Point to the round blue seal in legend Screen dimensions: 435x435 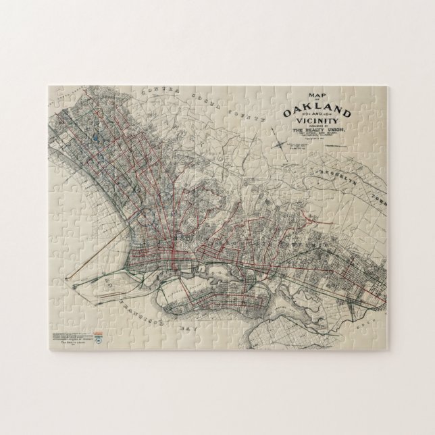99,340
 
